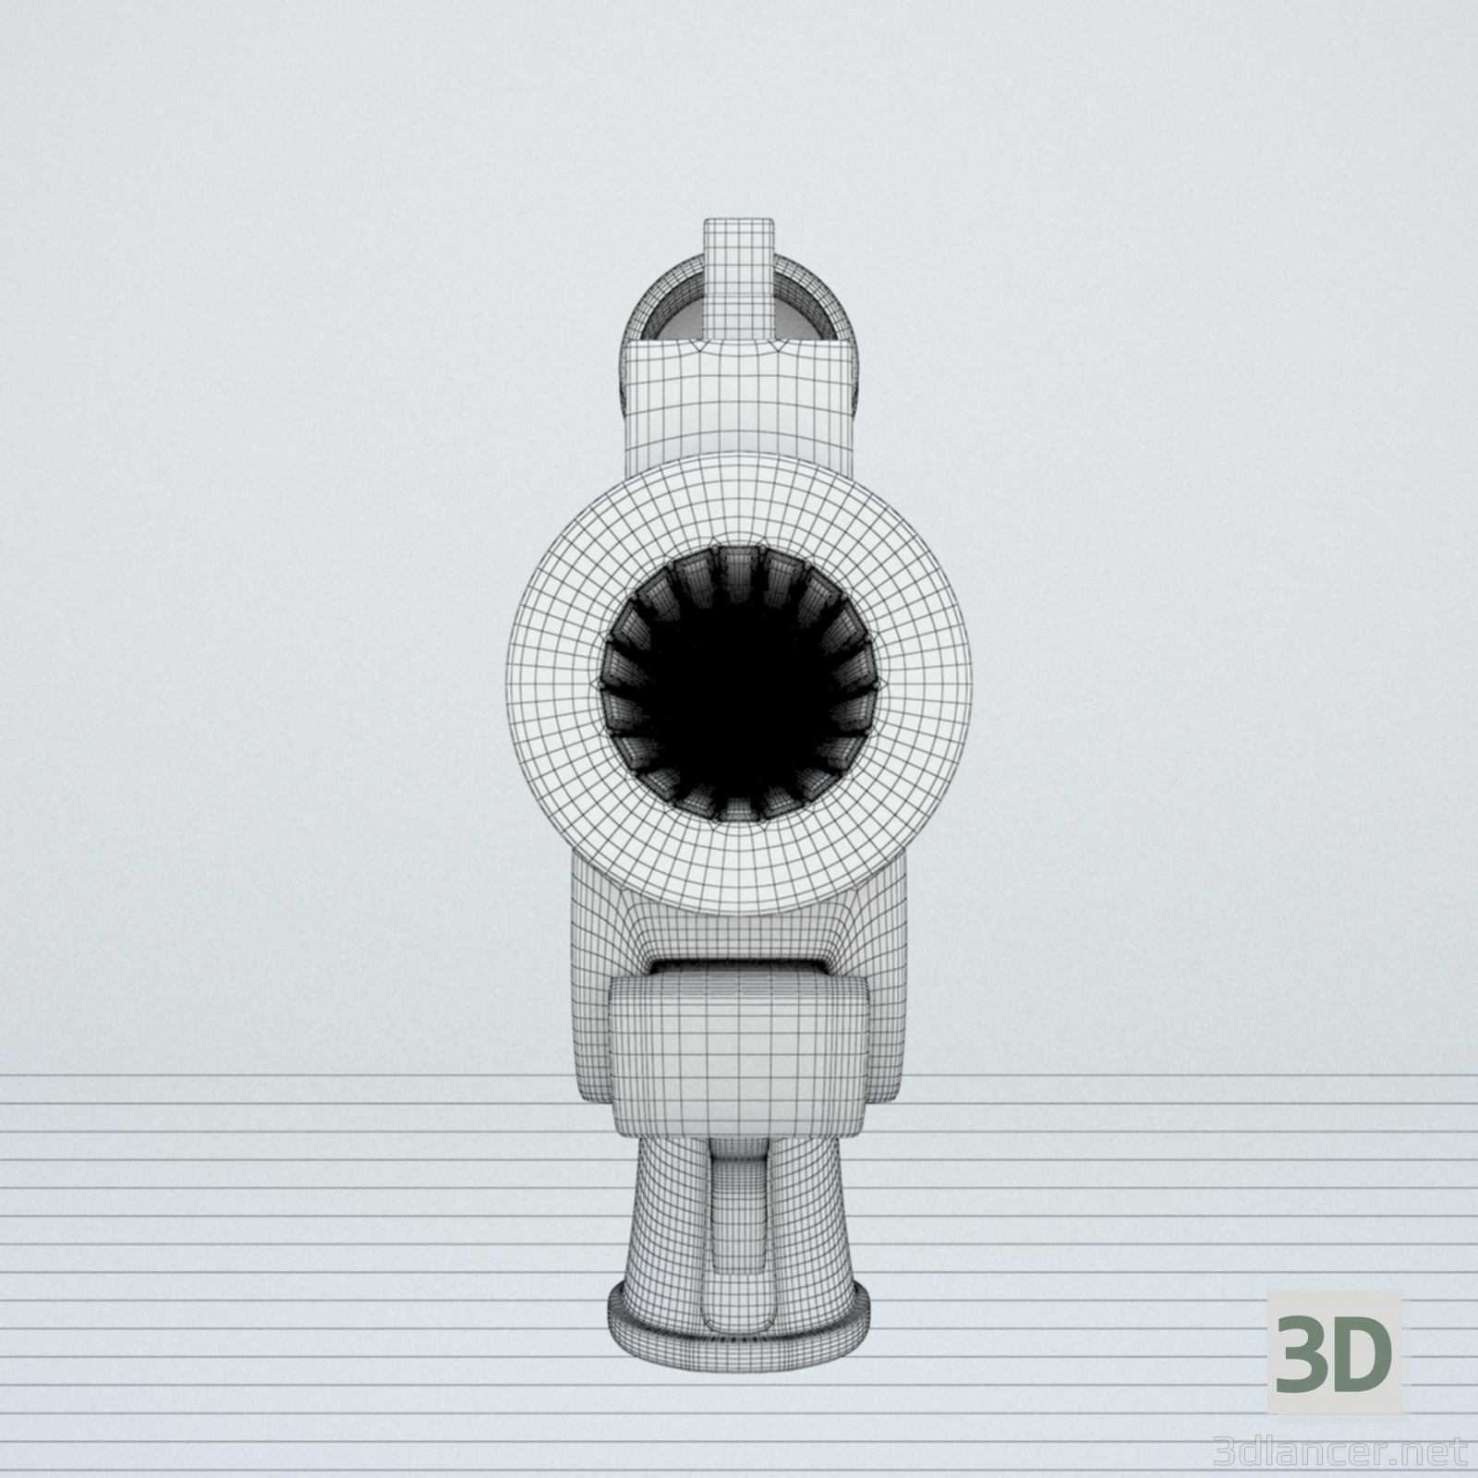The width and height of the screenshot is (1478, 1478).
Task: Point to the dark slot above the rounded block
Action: click(x=739, y=968)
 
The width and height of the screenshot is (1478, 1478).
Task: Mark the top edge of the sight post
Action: click(x=739, y=222)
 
